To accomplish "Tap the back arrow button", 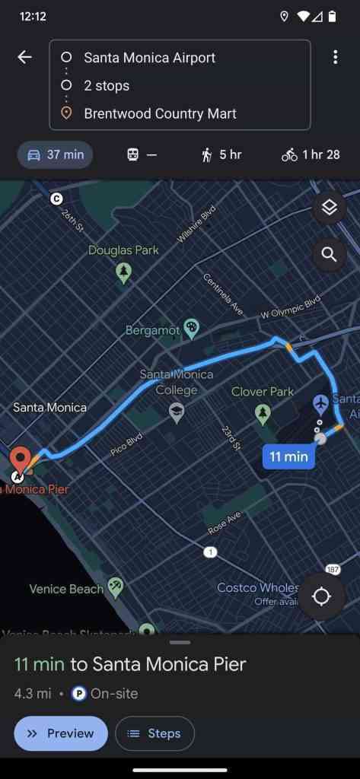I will [x=25, y=58].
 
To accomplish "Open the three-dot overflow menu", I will [x=335, y=58].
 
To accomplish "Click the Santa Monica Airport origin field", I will [x=149, y=58].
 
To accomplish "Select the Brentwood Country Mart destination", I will [x=160, y=113].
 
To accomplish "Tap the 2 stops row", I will [x=107, y=85].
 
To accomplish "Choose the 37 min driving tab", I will [x=56, y=154].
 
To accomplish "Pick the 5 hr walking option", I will [x=221, y=154].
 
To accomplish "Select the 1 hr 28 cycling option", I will [x=310, y=154].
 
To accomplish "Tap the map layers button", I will [x=329, y=207].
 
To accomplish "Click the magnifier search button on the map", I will [x=329, y=254].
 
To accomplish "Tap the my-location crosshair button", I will [x=321, y=596].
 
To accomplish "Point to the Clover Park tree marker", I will [x=263, y=414].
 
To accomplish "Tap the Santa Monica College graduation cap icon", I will [x=177, y=413].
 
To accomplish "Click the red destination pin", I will [x=20, y=459].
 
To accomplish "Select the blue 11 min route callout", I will [x=288, y=456].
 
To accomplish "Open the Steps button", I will [x=155, y=733].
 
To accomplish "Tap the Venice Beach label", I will [x=66, y=589].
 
